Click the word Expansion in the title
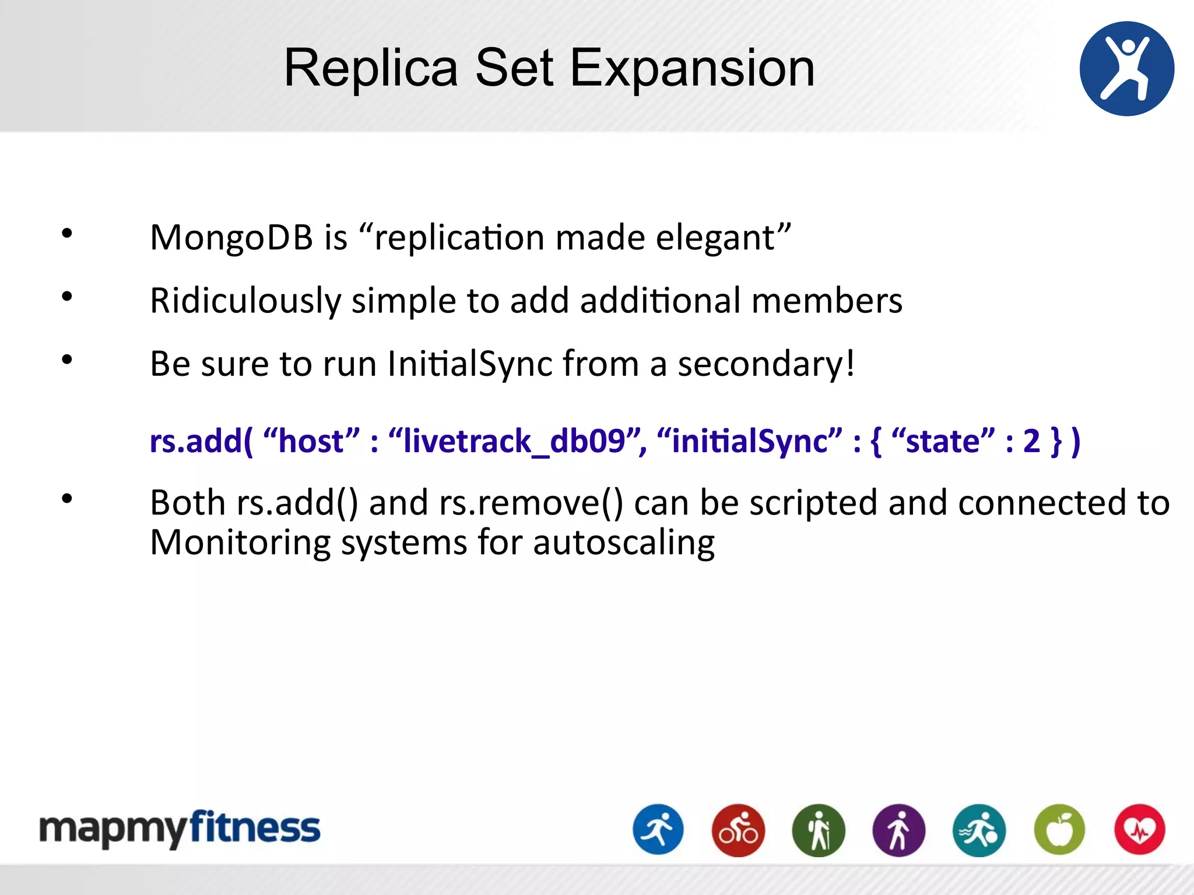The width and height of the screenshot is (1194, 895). pos(692,69)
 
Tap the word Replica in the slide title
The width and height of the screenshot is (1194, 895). pos(371,69)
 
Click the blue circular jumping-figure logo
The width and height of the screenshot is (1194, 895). pos(1126,69)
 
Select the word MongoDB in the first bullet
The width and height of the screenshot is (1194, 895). pos(231,238)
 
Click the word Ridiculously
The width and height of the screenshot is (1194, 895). pos(245,301)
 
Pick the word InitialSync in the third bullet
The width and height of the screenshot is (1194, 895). pos(469,364)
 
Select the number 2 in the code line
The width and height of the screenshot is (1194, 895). pos(1031,441)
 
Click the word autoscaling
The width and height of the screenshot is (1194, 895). pos(623,542)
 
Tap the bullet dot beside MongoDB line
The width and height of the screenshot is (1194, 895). pos(67,234)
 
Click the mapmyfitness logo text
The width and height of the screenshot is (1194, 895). pos(180,829)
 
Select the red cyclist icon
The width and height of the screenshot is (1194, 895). pos(738,830)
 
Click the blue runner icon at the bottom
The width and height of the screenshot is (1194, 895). pos(658,830)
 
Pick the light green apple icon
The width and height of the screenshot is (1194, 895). pos(1059,830)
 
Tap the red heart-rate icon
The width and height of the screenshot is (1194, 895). pos(1139,830)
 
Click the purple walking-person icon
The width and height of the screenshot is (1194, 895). pos(898,830)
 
